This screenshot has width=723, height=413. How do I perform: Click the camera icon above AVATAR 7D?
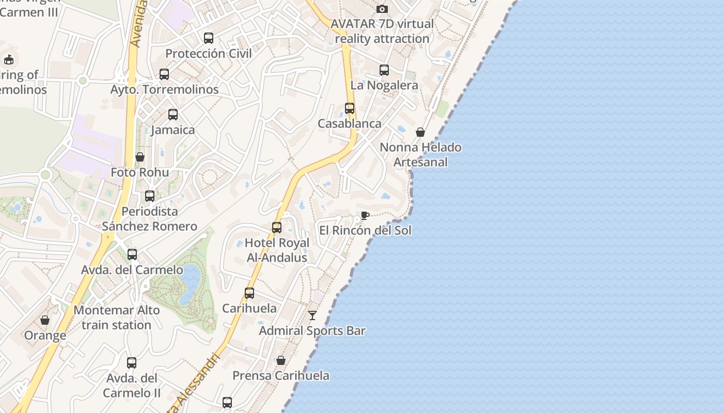[382, 9]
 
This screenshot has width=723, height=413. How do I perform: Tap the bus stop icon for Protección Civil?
[209, 38]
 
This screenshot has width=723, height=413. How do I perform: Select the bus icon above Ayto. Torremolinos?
[164, 74]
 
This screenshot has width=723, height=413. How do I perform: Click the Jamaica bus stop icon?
[173, 115]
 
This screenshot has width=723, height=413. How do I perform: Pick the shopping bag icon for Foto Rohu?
[140, 157]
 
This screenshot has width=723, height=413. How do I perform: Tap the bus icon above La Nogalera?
[384, 70]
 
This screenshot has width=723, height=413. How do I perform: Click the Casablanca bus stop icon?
[350, 108]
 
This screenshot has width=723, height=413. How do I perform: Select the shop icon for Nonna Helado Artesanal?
[420, 132]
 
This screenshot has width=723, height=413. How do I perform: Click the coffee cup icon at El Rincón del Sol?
[365, 215]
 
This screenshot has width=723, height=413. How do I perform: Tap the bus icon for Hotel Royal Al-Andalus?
[277, 228]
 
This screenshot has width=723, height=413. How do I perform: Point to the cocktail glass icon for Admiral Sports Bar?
[312, 315]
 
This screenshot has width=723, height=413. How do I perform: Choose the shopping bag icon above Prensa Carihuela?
[281, 360]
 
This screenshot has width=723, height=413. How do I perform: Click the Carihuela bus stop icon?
[249, 293]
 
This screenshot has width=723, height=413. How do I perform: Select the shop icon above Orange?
[45, 320]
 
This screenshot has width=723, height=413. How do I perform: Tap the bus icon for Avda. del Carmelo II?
[132, 363]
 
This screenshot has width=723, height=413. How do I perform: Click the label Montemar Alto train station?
[117, 317]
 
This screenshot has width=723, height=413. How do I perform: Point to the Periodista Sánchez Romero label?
[149, 219]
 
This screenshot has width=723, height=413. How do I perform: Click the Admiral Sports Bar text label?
[312, 331]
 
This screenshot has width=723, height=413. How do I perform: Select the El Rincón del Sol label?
[365, 230]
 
